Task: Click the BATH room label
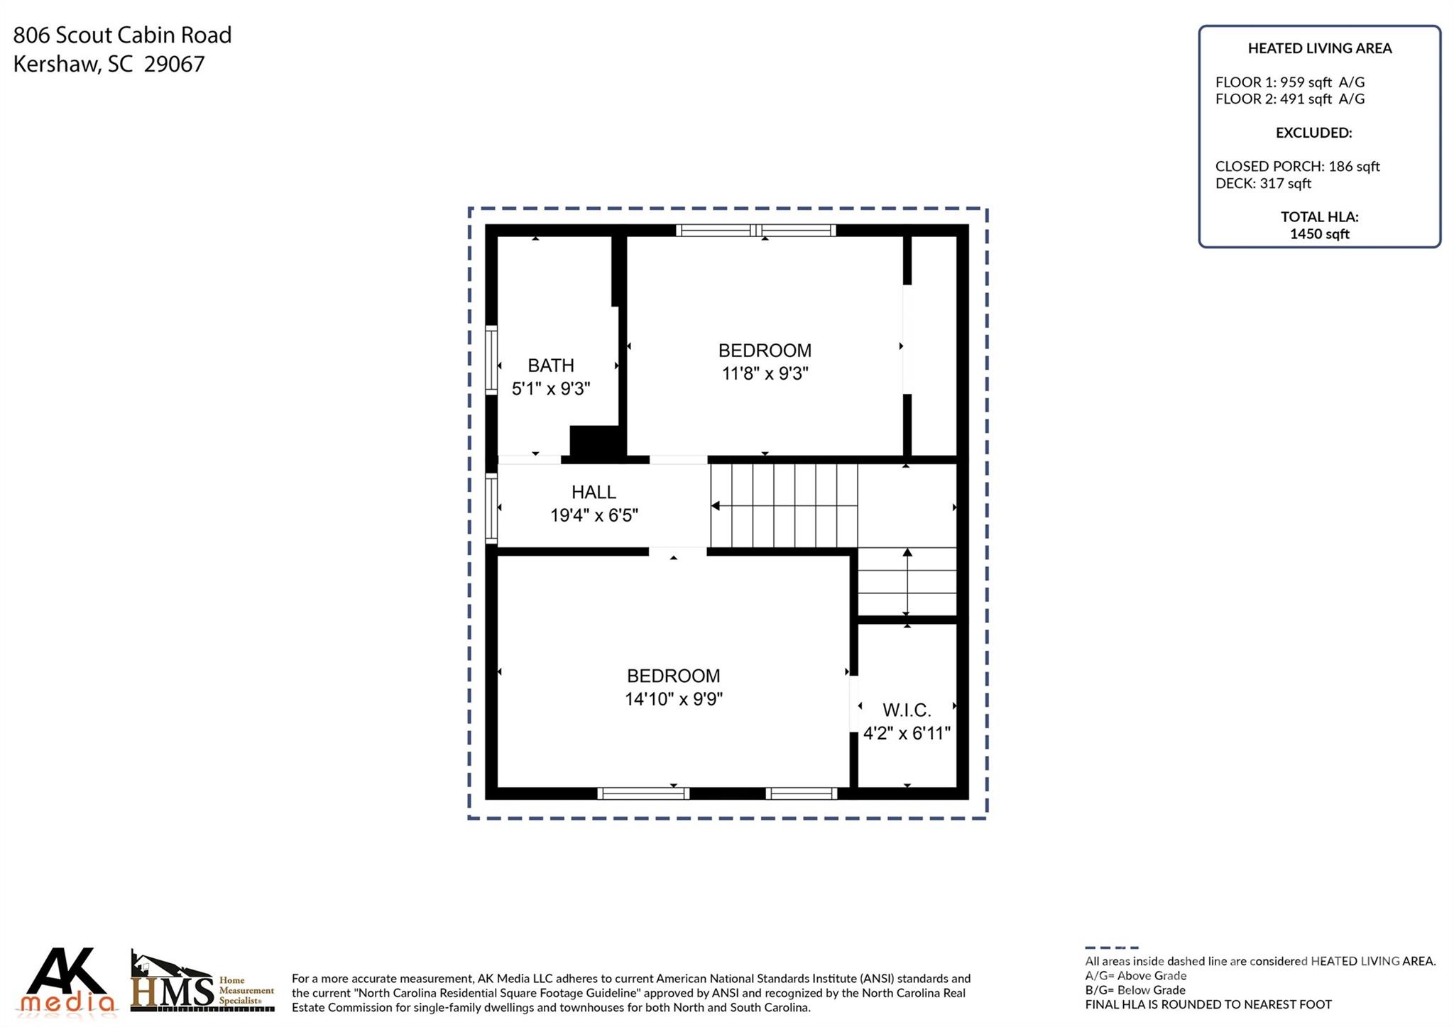tap(551, 366)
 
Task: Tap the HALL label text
tap(594, 492)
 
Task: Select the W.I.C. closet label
tap(907, 710)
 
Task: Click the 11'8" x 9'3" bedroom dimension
tap(765, 373)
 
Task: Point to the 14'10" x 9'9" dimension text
tap(674, 699)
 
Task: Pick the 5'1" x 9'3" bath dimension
tap(551, 388)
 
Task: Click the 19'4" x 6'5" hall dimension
tap(594, 515)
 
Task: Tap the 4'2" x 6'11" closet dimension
tap(907, 733)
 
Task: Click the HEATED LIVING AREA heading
tap(1320, 48)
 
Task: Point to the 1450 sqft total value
tap(1320, 234)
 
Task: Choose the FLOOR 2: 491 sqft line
tap(1290, 99)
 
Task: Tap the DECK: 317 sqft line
tap(1263, 183)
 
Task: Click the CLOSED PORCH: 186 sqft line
tap(1298, 166)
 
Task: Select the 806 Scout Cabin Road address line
tap(122, 35)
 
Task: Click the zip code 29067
tap(174, 64)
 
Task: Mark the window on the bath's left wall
tap(491, 358)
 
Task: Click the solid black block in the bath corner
tap(596, 441)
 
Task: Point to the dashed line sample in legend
tap(1111, 948)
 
